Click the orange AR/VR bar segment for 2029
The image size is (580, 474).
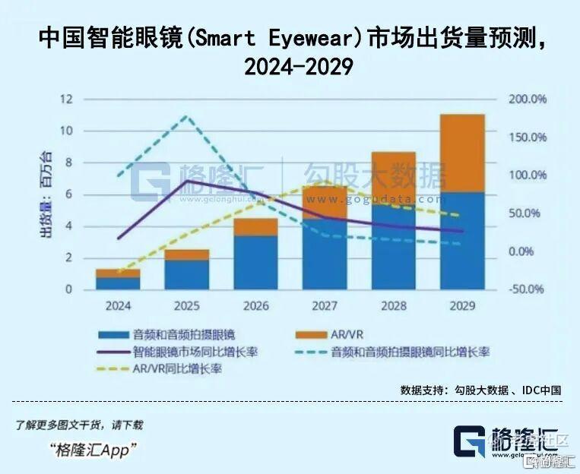tap(462, 153)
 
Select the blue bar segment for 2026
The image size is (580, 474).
tap(255, 262)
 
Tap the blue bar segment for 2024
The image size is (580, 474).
tap(118, 283)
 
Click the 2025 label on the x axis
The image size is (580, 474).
tap(187, 306)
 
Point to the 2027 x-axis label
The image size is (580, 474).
tap(325, 306)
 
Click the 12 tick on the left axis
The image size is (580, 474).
tap(68, 100)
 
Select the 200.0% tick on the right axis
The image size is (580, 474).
tap(528, 100)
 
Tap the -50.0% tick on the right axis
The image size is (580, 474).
tap(528, 289)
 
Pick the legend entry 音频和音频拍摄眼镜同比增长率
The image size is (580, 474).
tap(410, 352)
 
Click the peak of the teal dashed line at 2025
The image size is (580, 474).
tap(187, 116)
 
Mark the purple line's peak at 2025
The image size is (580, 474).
tap(187, 181)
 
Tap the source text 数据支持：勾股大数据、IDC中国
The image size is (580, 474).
tap(480, 390)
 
